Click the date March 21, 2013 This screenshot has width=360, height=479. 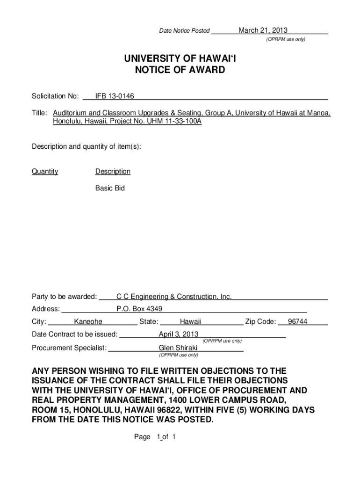[263, 31]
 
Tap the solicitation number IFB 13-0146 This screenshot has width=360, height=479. [115, 96]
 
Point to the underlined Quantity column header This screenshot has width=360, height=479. [45, 172]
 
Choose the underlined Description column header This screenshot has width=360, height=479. [113, 172]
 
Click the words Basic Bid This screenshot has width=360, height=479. [110, 189]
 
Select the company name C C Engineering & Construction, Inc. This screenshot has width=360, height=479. [174, 297]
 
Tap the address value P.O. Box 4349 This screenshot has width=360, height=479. [139, 309]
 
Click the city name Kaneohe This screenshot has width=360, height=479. [88, 321]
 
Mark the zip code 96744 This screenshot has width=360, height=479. [297, 321]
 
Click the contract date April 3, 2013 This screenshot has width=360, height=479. [179, 334]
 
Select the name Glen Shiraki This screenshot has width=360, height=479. [178, 348]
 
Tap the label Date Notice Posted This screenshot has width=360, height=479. [185, 31]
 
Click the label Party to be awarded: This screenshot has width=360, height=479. [65, 297]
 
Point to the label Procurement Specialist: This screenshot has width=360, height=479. [69, 348]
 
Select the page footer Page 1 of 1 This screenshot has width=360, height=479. [154, 437]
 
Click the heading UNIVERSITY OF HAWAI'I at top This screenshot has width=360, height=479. [180, 58]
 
